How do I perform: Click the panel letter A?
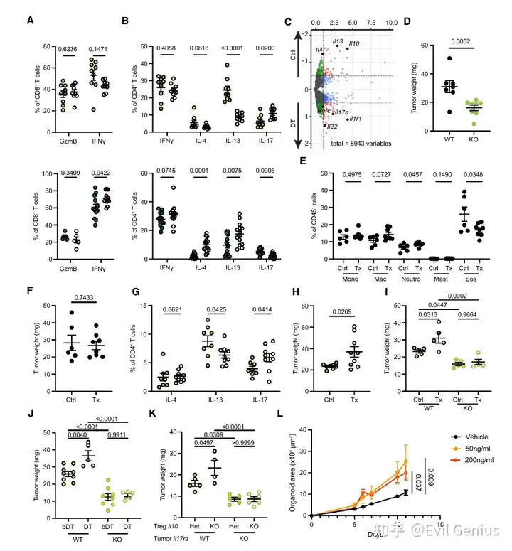[x=30, y=21]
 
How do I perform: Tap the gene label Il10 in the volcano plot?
[x=354, y=43]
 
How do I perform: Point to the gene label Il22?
[x=332, y=127]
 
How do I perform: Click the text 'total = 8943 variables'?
[x=356, y=143]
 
